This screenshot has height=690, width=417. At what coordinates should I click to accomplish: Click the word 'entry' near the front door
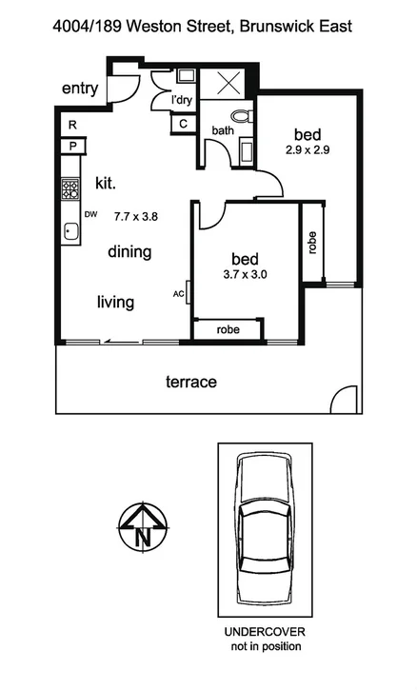[x=80, y=89]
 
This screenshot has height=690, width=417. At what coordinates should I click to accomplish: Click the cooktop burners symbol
[x=70, y=188]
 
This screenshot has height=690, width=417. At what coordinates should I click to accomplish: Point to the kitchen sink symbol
[x=70, y=230]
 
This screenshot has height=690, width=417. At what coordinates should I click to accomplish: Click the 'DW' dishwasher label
[x=91, y=215]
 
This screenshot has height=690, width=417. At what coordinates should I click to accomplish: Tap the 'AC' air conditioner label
[x=178, y=294]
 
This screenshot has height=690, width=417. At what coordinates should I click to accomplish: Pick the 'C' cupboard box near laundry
[x=183, y=122]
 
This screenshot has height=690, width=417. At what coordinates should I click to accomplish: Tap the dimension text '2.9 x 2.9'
[x=307, y=149]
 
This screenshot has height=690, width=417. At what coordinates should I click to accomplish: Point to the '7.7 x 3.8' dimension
[x=136, y=216]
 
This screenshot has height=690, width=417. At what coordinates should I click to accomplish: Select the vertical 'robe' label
[x=312, y=242]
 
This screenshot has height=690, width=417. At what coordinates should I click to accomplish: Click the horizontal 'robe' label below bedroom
[x=228, y=330]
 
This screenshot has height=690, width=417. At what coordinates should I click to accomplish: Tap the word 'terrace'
[x=191, y=382]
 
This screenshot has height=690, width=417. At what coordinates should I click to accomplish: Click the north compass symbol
[x=142, y=526]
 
